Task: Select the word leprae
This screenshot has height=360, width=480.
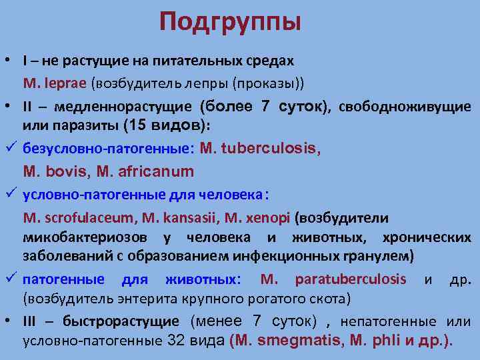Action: [69, 83]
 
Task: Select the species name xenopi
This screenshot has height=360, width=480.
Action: [268, 218]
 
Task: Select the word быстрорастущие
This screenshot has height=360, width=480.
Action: [121, 321]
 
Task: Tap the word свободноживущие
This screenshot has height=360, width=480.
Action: [407, 107]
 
